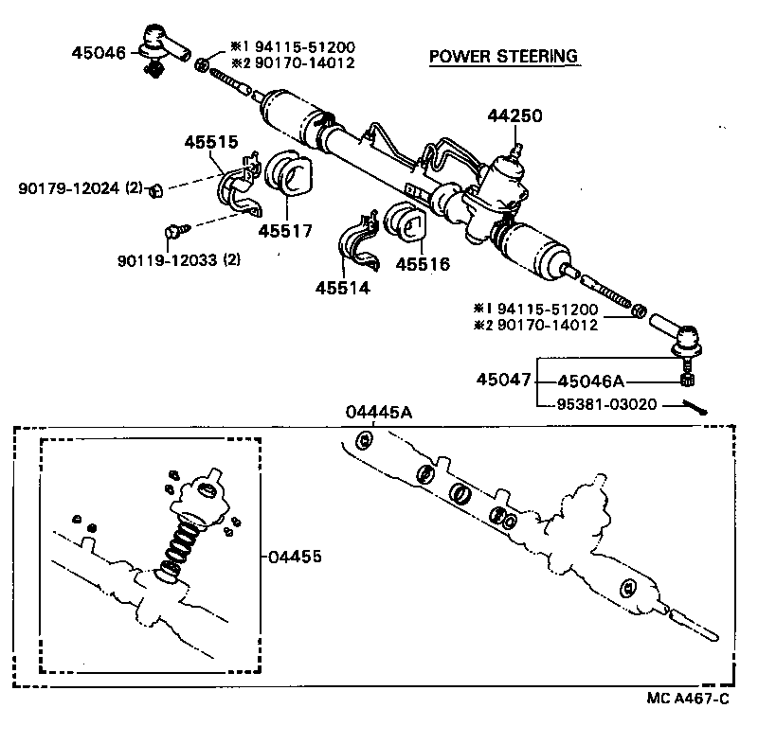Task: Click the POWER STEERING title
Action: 503,57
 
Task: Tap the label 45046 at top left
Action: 98,53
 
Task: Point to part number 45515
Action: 210,142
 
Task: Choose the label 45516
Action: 422,264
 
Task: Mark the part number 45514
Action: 343,288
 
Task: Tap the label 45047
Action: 503,381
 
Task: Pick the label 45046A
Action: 591,381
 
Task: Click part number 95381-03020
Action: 604,405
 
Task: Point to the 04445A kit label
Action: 378,412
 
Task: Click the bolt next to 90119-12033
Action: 174,229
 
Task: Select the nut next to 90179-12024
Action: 158,190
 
